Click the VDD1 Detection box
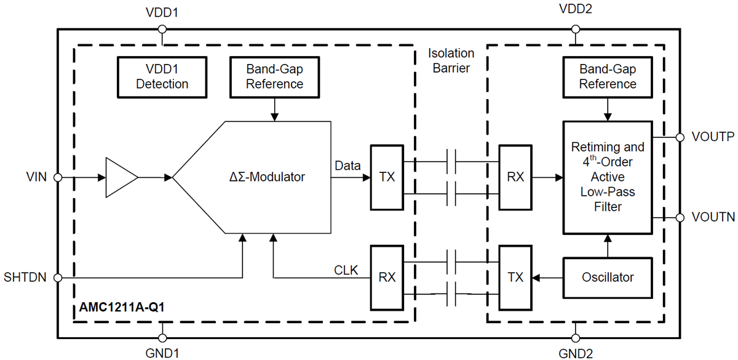[162, 77]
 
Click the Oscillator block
[608, 278]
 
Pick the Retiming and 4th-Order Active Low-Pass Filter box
[608, 177]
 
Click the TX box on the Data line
[387, 177]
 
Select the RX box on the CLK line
[387, 278]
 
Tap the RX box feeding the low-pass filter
[515, 177]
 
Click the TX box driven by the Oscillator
[515, 278]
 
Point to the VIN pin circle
[58, 177]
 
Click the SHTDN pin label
[25, 278]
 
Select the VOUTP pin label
[712, 137]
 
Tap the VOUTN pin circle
[680, 217]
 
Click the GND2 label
[575, 354]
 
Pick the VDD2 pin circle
[575, 29]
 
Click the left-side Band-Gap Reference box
[274, 77]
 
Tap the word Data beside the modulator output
[347, 166]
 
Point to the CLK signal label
[345, 270]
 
